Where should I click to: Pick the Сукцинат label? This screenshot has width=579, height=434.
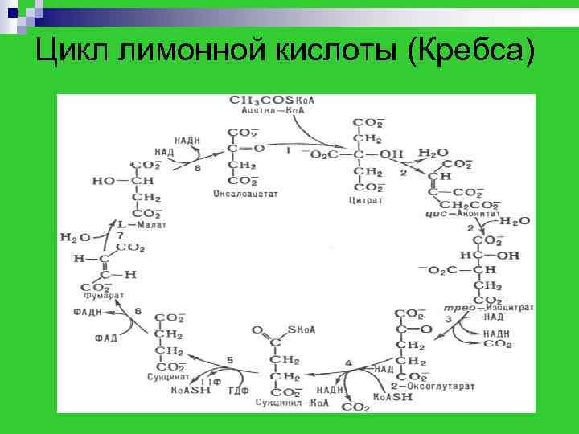168,376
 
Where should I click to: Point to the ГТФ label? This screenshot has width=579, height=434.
212,380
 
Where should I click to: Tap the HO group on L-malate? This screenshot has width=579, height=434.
104,182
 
